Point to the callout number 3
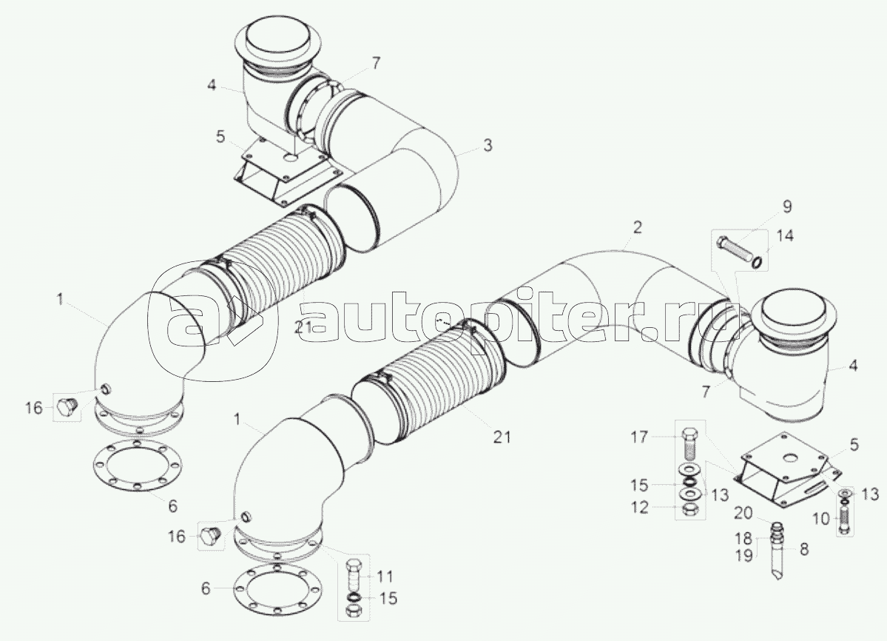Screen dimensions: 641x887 (487, 146)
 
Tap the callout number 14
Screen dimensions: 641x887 (785, 236)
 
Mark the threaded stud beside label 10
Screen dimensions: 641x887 (845, 517)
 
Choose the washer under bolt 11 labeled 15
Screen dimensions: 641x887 (354, 597)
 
